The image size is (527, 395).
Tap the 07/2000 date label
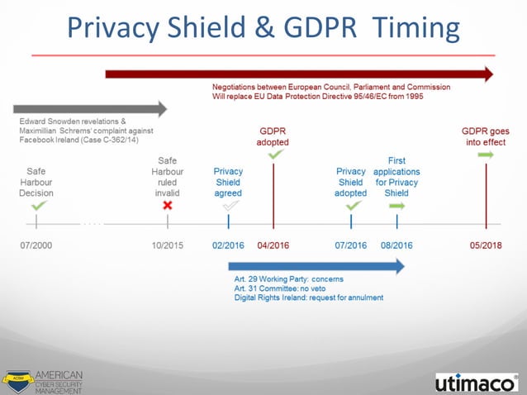coord(36,245)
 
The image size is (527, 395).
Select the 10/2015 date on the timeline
coord(168,245)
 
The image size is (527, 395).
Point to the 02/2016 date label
coord(228,245)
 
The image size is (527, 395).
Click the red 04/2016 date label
coord(273,245)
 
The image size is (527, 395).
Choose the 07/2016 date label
coord(351,245)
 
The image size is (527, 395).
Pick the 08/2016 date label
coord(396,245)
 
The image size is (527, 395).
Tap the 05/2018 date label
coord(486,245)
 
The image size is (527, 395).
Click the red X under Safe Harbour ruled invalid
coord(168,204)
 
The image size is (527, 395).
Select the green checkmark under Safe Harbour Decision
coord(38,204)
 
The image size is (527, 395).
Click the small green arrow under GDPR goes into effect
coord(486,154)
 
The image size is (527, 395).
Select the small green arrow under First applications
coord(397,204)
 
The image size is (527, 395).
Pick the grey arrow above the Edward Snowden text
coord(90,108)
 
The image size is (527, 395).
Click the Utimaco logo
coord(476,381)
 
